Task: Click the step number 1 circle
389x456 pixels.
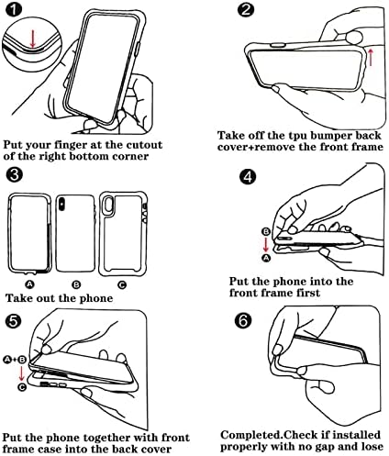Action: (14, 10)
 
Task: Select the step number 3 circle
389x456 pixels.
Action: (14, 175)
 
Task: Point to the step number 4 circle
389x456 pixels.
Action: (248, 176)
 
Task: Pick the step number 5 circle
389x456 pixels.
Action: (14, 321)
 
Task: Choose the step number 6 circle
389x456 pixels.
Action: (243, 321)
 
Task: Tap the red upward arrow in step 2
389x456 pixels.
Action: (371, 57)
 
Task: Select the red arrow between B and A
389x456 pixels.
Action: (266, 245)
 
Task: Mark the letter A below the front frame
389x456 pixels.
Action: (29, 284)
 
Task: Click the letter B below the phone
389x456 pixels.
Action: (76, 284)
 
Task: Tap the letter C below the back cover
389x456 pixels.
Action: (122, 284)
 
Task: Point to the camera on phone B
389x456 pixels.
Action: (62, 204)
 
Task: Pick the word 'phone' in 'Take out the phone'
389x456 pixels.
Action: (96, 298)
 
